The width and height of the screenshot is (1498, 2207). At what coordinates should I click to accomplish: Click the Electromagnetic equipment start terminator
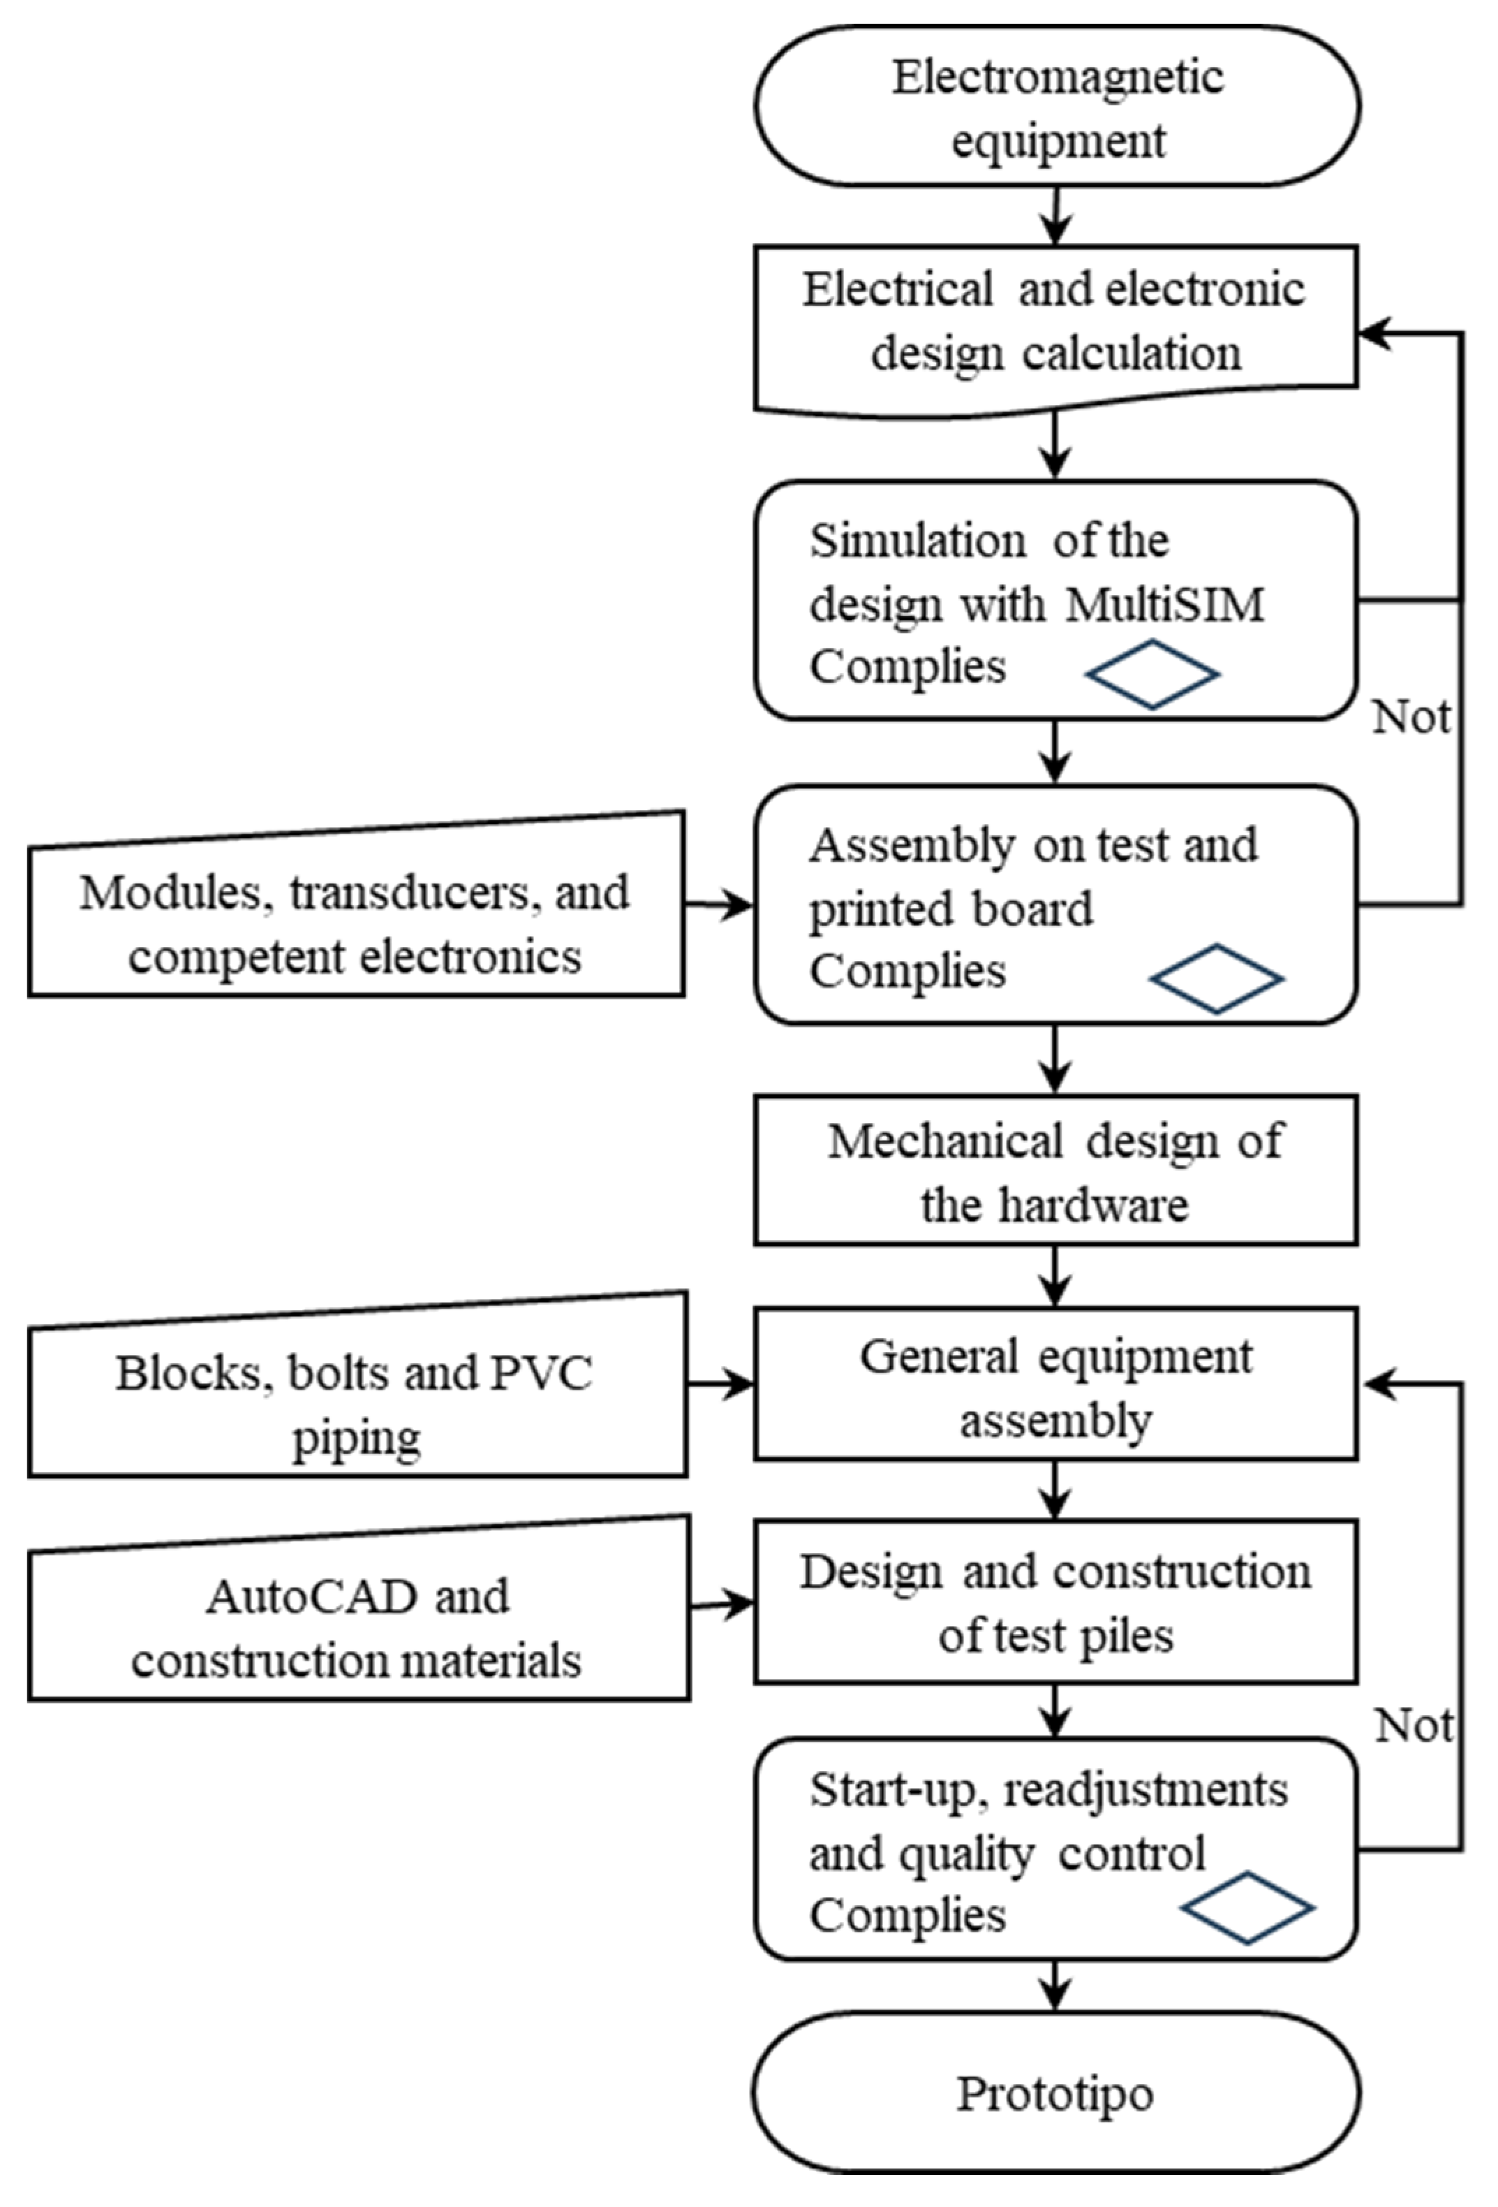(1057, 106)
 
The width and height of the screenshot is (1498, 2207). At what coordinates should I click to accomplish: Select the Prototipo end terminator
(1057, 2093)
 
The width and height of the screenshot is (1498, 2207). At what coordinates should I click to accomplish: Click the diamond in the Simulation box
(1152, 674)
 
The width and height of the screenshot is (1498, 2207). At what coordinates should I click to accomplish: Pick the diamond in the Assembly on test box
(1216, 978)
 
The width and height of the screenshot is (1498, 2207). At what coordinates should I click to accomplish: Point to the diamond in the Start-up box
(1247, 1908)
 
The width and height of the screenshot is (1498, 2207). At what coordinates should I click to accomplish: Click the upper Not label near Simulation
(1411, 718)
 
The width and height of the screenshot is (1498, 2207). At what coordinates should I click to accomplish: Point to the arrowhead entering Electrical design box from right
(1374, 333)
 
